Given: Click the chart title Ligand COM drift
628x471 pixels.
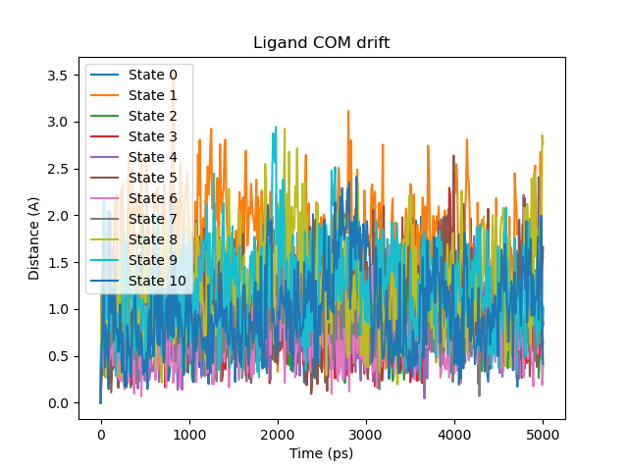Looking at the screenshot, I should (x=321, y=43).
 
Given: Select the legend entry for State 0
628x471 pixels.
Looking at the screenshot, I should (x=152, y=75).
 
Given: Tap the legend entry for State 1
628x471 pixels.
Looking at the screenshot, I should (x=152, y=95).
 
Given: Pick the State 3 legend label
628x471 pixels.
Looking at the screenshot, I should (x=152, y=136).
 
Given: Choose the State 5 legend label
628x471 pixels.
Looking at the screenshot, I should (x=152, y=178).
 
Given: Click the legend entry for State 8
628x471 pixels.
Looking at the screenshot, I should (x=152, y=239).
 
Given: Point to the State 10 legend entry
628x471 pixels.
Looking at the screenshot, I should (x=156, y=281).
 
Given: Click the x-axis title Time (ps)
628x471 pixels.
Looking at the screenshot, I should (x=321, y=453).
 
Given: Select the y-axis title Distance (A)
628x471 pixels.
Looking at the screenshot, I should (x=33, y=238).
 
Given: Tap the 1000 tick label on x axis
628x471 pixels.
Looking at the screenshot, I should (x=189, y=435).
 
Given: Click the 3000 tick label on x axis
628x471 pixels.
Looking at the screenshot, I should (x=366, y=435).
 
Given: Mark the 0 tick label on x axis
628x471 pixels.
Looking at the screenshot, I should (x=100, y=435).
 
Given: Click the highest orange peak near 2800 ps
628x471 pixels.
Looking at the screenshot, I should (x=348, y=112).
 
